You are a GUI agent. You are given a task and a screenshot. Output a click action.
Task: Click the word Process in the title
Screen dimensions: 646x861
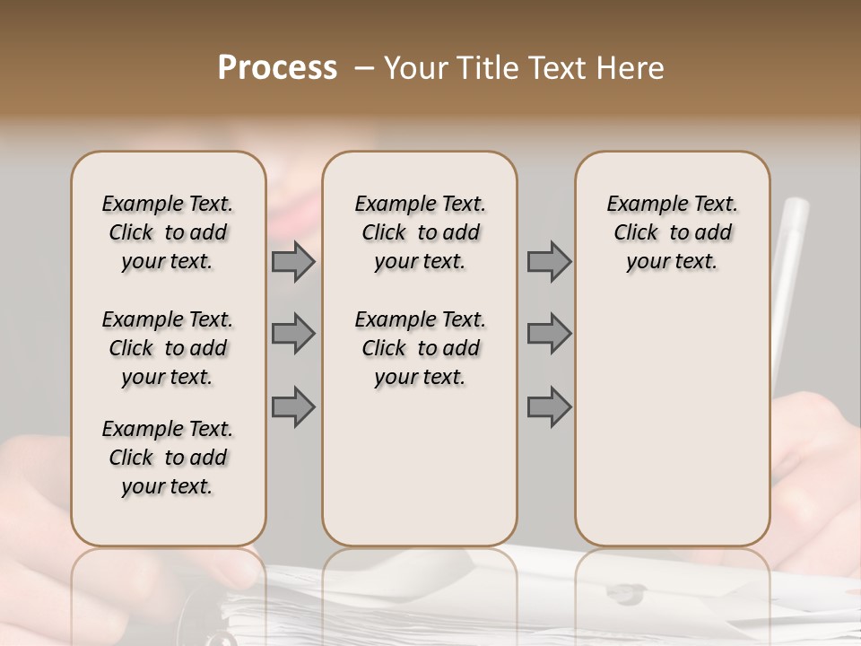pos(277,68)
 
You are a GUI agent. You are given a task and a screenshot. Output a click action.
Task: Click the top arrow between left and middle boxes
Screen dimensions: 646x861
pos(293,261)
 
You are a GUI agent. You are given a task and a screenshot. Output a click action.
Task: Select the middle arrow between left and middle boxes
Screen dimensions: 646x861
pos(293,334)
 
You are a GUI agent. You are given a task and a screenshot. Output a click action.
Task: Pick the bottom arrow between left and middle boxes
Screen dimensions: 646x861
pos(293,406)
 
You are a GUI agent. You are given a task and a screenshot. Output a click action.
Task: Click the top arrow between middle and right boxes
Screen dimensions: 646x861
pos(549,261)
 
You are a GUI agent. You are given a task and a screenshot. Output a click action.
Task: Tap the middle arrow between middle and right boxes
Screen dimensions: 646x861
pos(549,334)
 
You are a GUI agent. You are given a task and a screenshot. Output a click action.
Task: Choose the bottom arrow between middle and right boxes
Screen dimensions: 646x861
pos(549,406)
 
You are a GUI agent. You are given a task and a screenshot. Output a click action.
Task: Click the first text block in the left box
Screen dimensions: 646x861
pos(168,232)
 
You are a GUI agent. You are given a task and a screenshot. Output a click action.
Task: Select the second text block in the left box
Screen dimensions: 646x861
pos(168,348)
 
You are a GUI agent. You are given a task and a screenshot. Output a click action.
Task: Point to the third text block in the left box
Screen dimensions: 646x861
pos(168,458)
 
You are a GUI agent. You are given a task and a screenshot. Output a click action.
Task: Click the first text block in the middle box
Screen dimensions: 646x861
pos(420,232)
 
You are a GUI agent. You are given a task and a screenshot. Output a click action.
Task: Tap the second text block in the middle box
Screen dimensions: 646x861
pos(420,348)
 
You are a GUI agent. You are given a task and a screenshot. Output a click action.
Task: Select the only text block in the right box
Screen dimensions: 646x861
pos(672,232)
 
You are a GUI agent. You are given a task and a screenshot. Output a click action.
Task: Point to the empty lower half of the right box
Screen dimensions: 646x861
pos(672,422)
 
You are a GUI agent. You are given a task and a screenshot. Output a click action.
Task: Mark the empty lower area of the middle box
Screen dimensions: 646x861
pos(420,467)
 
